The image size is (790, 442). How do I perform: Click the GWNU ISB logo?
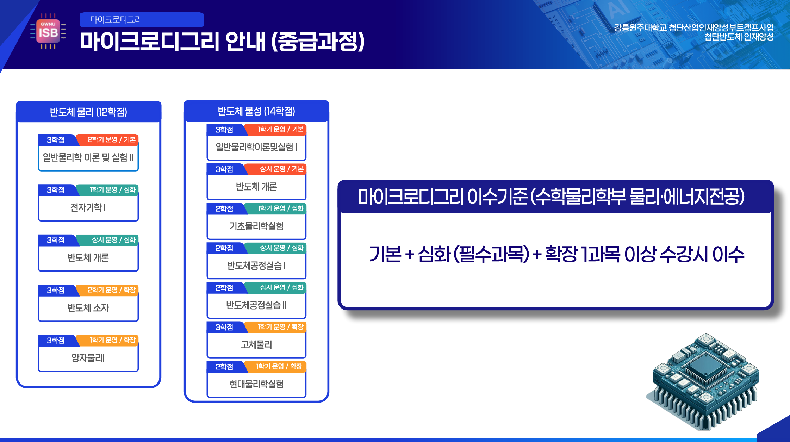pos(48,31)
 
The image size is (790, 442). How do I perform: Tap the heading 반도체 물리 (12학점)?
pos(88,112)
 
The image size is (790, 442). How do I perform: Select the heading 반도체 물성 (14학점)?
pos(256,111)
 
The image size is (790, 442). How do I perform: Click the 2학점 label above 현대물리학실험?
pos(224,367)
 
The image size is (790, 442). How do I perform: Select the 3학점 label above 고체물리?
pos(224,328)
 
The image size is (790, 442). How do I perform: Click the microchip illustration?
pos(703,382)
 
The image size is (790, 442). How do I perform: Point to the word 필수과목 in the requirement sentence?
pos(491,254)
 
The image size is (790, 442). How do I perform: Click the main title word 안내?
pos(245,42)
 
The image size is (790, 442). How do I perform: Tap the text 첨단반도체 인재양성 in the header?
pos(739,37)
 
